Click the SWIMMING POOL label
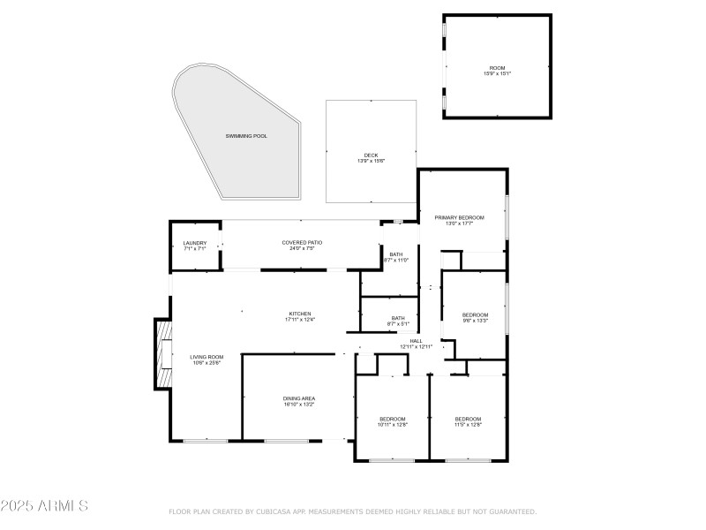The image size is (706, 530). (x=246, y=136)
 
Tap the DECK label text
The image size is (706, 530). (x=371, y=155)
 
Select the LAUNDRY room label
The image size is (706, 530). (x=194, y=243)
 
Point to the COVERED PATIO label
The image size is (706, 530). (x=302, y=243)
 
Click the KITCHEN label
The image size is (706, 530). (x=300, y=314)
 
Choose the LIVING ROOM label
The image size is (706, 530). (x=207, y=357)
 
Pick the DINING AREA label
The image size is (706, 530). (x=299, y=398)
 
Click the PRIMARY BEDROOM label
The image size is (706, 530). (x=459, y=217)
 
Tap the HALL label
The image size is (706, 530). (x=416, y=340)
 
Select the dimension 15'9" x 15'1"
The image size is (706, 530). (x=497, y=73)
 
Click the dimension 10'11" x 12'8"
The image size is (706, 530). (x=393, y=425)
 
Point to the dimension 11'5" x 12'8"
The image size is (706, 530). (x=468, y=425)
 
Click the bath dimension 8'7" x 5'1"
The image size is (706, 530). (x=398, y=324)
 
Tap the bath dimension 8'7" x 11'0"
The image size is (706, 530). (x=395, y=261)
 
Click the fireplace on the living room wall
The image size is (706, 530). (x=162, y=353)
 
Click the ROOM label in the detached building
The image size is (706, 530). (x=497, y=67)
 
